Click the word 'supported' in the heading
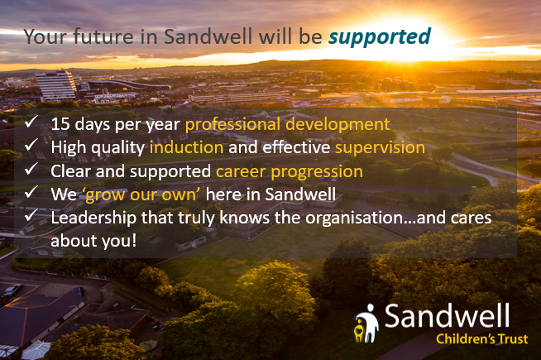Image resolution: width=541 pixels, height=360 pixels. [x=380, y=37]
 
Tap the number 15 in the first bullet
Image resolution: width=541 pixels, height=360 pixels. [x=60, y=124]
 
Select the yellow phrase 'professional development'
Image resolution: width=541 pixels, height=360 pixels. [x=287, y=125]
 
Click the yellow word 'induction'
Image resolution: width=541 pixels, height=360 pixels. [x=186, y=147]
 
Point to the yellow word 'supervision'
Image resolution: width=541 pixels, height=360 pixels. [x=380, y=148]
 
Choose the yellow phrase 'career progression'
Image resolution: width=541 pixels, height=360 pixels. [x=290, y=172]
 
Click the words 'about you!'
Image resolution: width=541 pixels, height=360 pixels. [x=93, y=241]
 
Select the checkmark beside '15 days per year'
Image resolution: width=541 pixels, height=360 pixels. [x=31, y=122]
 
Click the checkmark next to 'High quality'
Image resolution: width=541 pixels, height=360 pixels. [x=31, y=145]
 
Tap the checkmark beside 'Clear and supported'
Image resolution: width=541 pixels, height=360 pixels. [x=31, y=169]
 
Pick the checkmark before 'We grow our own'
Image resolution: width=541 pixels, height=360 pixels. [x=31, y=192]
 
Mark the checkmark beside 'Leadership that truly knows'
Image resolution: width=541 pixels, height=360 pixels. [x=31, y=215]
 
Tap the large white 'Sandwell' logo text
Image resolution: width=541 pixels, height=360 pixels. [x=447, y=316]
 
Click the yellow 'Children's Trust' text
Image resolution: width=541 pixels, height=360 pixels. [x=481, y=339]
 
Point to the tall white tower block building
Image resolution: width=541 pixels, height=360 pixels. [x=56, y=85]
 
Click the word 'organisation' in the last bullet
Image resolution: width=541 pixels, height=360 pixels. [x=354, y=218]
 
